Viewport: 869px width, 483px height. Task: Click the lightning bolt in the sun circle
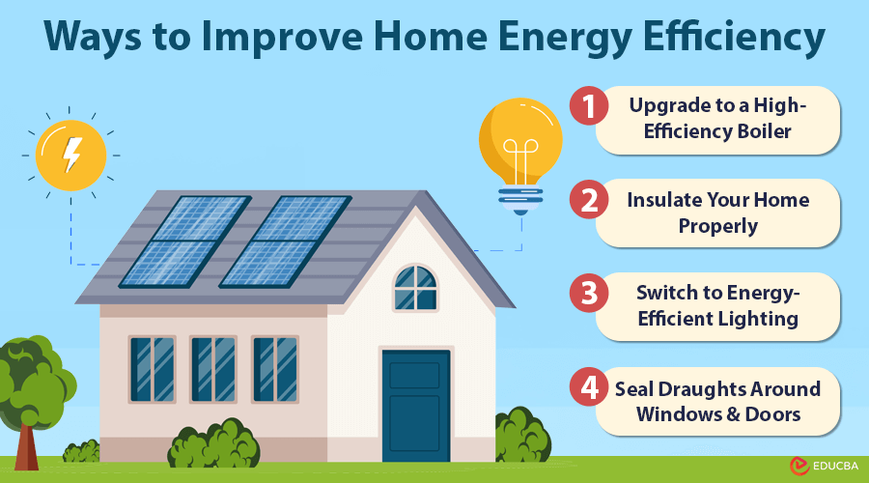pyautogui.click(x=71, y=155)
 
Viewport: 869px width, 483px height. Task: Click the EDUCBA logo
pyautogui.click(x=825, y=467)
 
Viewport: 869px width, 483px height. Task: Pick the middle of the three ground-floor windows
pyautogui.click(x=213, y=369)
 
